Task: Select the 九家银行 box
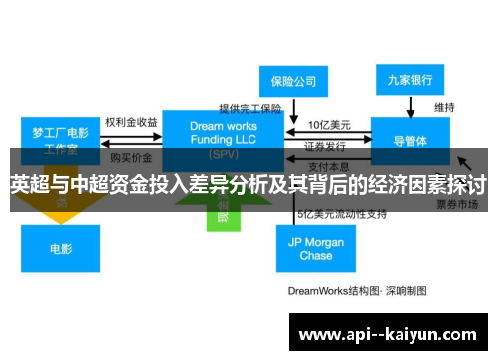(411, 79)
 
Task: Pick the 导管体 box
(411, 140)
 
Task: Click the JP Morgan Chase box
(315, 248)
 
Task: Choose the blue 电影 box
(60, 248)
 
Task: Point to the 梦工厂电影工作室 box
(61, 140)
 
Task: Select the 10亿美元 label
(327, 125)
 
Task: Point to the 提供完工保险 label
(250, 108)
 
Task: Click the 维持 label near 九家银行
(444, 106)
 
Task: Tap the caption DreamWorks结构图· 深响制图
(357, 291)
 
